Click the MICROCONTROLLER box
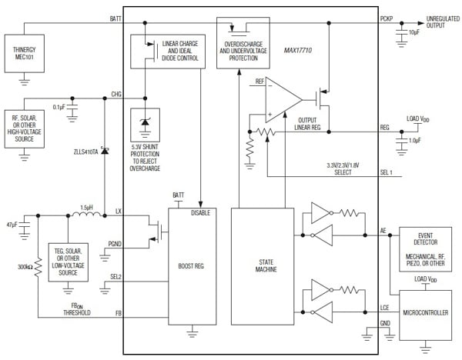(424, 313)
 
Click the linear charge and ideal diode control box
(168, 52)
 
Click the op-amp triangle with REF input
(281, 98)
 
